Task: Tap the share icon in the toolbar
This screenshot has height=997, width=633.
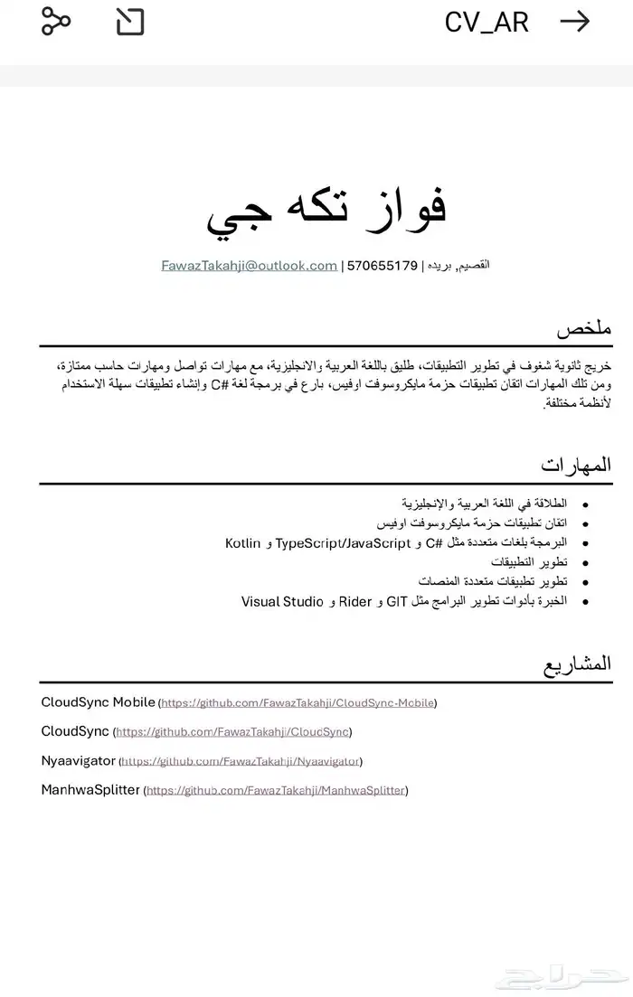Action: pyautogui.click(x=56, y=22)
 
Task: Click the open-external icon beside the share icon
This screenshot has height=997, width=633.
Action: pyautogui.click(x=130, y=22)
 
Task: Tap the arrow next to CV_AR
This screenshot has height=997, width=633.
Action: pyautogui.click(x=575, y=22)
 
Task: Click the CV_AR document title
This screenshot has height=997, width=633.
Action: pyautogui.click(x=487, y=23)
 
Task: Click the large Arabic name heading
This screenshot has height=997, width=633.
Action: pyautogui.click(x=326, y=209)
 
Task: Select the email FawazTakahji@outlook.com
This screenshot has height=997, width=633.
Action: pyautogui.click(x=249, y=266)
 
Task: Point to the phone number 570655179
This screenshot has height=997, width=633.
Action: pyautogui.click(x=383, y=266)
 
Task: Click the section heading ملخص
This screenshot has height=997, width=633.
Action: pyautogui.click(x=584, y=329)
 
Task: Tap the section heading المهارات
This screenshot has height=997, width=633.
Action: pyautogui.click(x=576, y=466)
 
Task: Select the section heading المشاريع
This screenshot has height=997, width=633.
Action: pyautogui.click(x=577, y=664)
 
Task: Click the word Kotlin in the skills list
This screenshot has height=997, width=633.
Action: pyautogui.click(x=242, y=543)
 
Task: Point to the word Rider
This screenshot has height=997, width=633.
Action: pyautogui.click(x=355, y=601)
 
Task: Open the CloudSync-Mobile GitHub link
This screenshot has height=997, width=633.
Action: pyautogui.click(x=298, y=703)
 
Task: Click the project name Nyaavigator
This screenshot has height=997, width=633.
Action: pyautogui.click(x=79, y=761)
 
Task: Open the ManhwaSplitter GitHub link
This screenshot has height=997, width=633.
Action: pyautogui.click(x=276, y=791)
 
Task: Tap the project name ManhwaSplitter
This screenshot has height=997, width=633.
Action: pyautogui.click(x=90, y=790)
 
